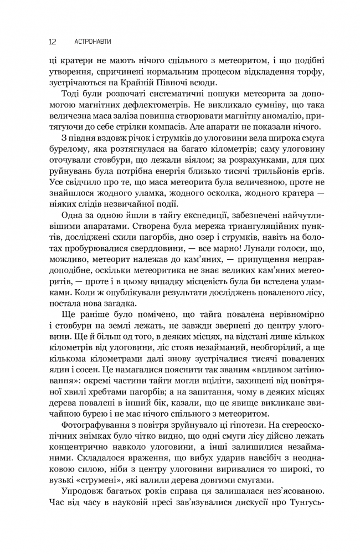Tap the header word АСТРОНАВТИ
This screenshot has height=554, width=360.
pyautogui.click(x=95, y=42)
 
